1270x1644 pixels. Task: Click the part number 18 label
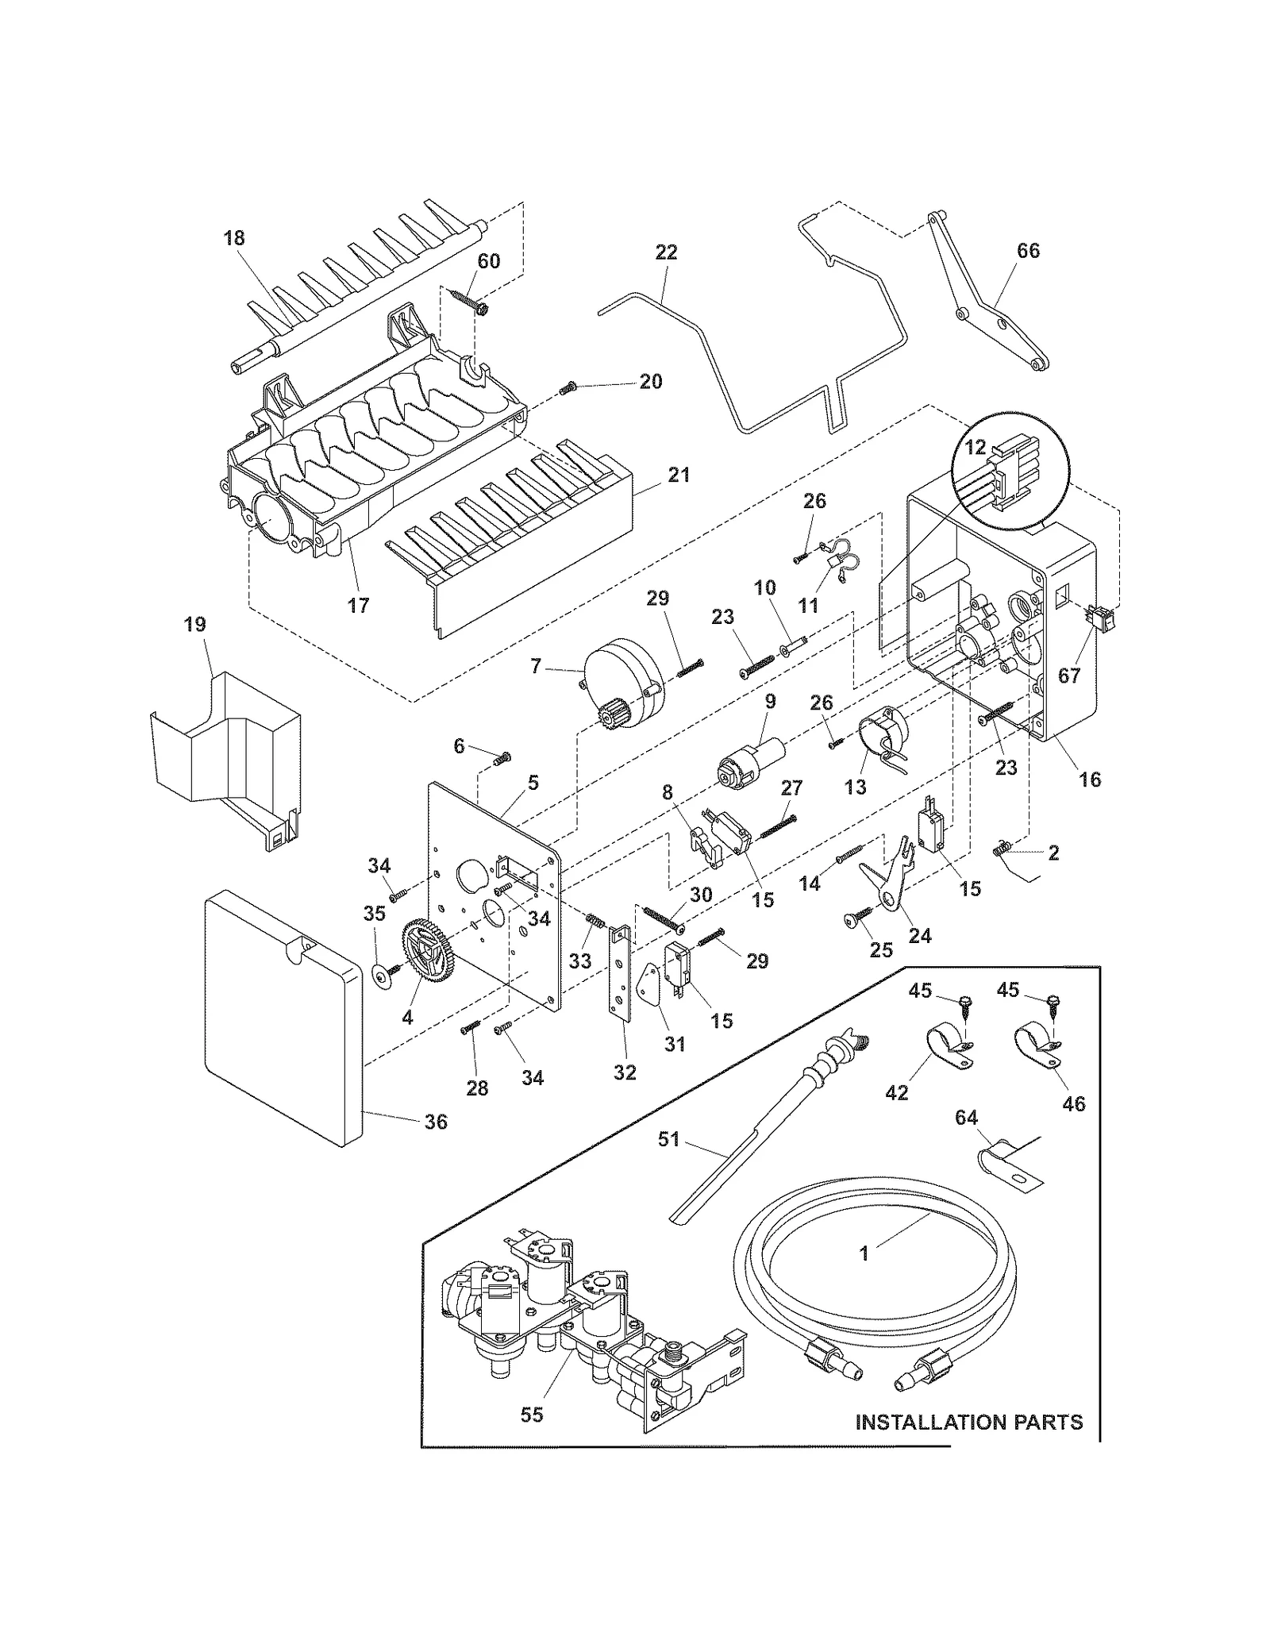(234, 238)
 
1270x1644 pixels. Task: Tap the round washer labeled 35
(385, 975)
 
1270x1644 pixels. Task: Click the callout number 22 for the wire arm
(667, 252)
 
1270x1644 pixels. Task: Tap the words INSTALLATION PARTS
(968, 1422)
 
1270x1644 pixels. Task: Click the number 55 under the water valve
(532, 1415)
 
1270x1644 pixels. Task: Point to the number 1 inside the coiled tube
(864, 1253)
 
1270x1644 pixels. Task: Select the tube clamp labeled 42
(947, 1047)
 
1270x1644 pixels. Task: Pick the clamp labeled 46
(1037, 1046)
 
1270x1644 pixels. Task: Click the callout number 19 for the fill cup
(195, 625)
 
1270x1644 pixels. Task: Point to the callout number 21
(679, 475)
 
